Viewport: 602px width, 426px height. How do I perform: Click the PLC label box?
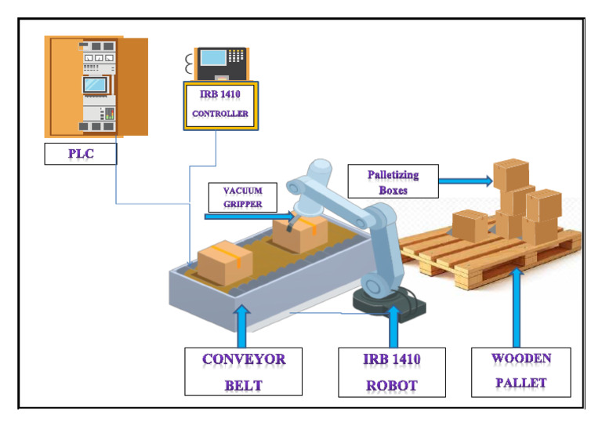pos(80,154)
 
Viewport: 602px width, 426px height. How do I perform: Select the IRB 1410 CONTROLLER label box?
pos(220,104)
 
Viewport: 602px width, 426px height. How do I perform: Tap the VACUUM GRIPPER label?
pos(242,197)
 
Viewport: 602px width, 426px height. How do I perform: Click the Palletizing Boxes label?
pos(393,181)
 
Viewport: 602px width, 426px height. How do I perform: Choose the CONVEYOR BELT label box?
pos(244,371)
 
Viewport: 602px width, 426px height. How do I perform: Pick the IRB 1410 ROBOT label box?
pos(392,371)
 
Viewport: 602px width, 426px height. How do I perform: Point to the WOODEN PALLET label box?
pos(520,370)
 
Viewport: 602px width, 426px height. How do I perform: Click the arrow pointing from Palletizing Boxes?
pos(465,181)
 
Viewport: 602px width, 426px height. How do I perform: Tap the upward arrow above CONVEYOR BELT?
pos(242,326)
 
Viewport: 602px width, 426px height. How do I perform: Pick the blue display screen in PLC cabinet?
pos(96,83)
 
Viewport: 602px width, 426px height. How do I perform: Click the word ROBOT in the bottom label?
pos(392,384)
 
